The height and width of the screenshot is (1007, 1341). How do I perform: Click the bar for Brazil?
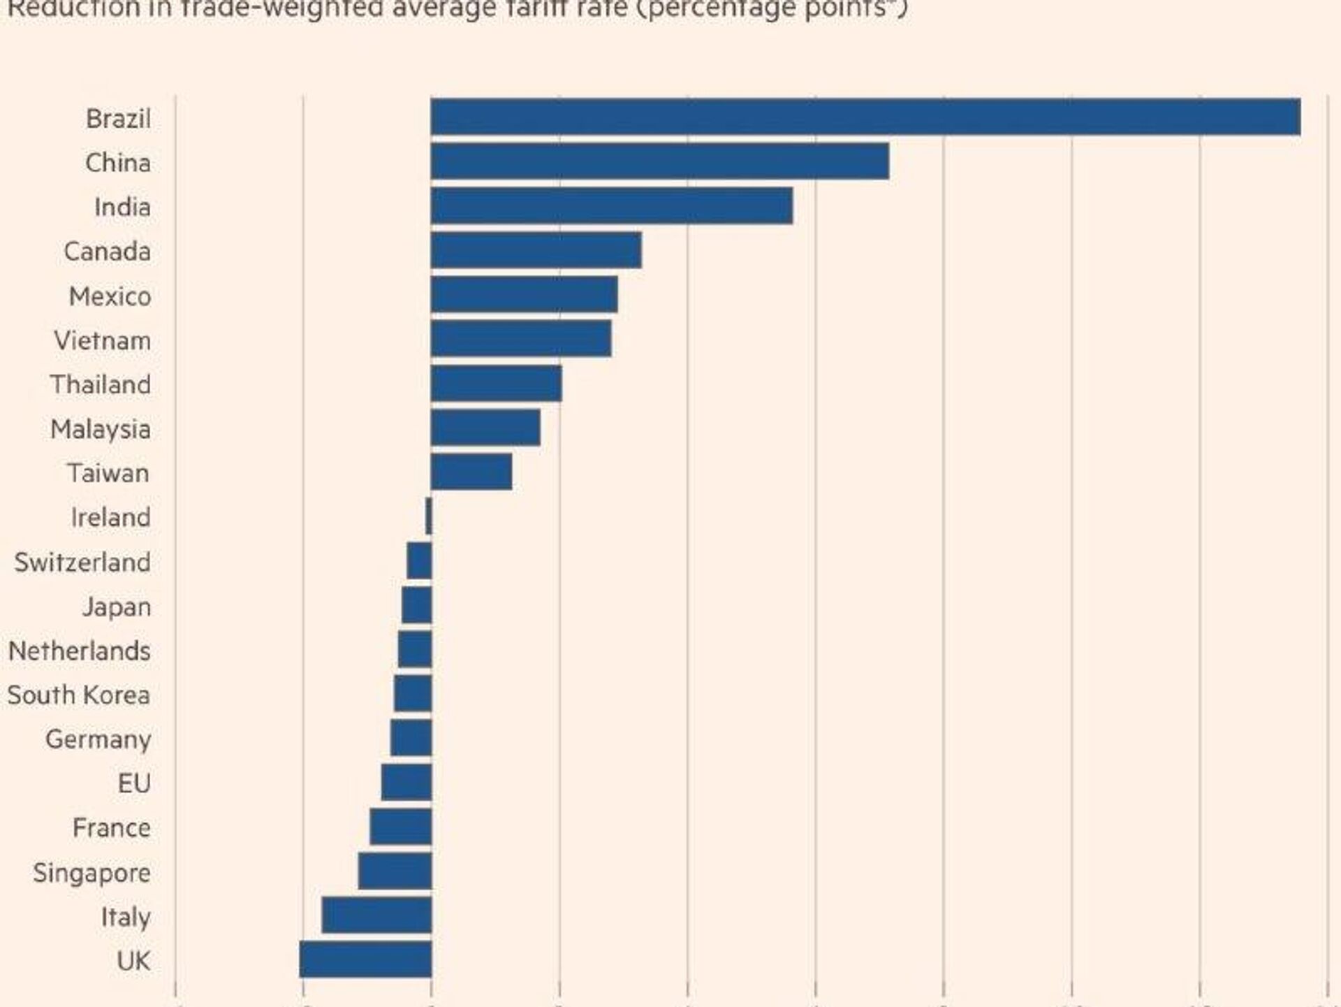point(865,117)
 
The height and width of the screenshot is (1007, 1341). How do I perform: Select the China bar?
point(659,161)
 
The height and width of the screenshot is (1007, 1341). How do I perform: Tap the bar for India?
point(611,206)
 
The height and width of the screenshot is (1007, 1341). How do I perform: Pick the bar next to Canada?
point(536,251)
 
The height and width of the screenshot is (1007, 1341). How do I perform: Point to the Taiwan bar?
point(471,472)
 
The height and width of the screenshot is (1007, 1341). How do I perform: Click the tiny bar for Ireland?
point(429,517)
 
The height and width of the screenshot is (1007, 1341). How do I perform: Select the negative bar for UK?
point(365,959)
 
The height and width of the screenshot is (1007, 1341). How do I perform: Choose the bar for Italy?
point(376,915)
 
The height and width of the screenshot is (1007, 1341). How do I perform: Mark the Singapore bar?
point(395,871)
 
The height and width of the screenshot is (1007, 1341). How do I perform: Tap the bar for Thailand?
point(496,384)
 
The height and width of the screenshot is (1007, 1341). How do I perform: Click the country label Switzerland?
point(82,563)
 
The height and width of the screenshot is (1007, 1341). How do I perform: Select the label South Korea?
point(79,695)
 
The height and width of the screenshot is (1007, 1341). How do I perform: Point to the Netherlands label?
point(80,651)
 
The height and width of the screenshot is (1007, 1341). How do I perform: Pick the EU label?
point(134,783)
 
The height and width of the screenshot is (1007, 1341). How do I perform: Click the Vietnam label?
point(103,341)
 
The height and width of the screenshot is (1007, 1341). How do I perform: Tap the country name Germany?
point(98,739)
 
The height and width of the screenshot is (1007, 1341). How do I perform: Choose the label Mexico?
point(110,297)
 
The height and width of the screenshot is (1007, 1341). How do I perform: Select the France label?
point(112,828)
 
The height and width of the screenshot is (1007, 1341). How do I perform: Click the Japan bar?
point(416,605)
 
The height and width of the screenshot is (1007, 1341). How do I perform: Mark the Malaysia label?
point(101,429)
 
